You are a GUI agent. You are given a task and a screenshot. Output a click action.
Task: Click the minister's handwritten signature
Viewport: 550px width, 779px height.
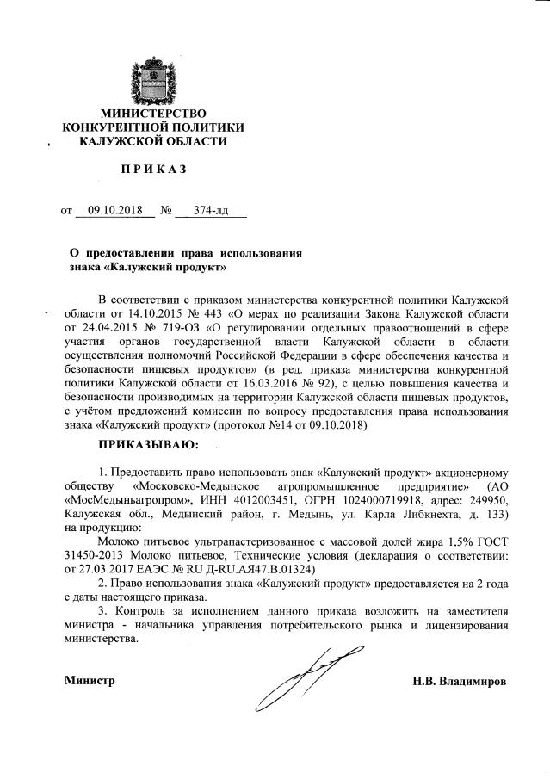(300, 677)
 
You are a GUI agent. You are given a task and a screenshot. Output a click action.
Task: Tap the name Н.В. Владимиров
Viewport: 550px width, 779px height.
(460, 681)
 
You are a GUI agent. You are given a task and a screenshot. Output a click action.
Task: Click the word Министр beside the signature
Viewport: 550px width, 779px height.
(90, 681)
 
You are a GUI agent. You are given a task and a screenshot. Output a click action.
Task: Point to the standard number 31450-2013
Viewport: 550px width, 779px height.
(96, 555)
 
